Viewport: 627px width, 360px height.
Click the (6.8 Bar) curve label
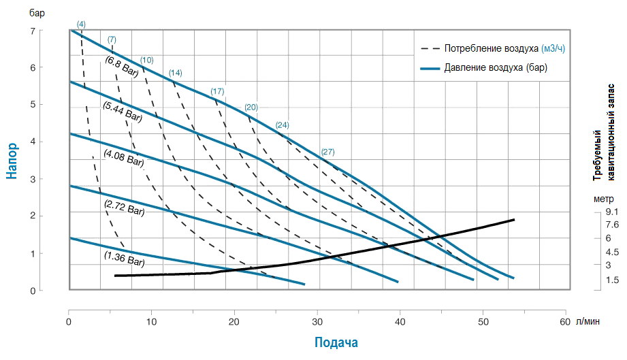click(122, 65)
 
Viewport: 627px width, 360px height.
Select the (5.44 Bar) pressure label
click(122, 112)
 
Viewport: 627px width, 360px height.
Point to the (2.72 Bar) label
click(125, 207)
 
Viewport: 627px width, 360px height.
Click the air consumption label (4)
click(81, 24)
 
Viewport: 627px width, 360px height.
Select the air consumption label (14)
click(176, 73)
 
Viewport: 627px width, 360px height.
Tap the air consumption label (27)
click(327, 151)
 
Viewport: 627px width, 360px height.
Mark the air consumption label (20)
click(251, 108)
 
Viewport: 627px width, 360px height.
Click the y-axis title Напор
click(12, 161)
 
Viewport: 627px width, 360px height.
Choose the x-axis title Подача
click(336, 342)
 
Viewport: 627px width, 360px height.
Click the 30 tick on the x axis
click(317, 303)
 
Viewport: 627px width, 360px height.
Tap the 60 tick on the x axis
click(565, 303)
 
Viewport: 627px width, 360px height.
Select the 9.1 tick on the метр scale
click(612, 212)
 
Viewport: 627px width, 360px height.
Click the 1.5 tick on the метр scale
click(612, 280)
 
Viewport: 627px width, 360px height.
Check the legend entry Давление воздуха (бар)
click(496, 67)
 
